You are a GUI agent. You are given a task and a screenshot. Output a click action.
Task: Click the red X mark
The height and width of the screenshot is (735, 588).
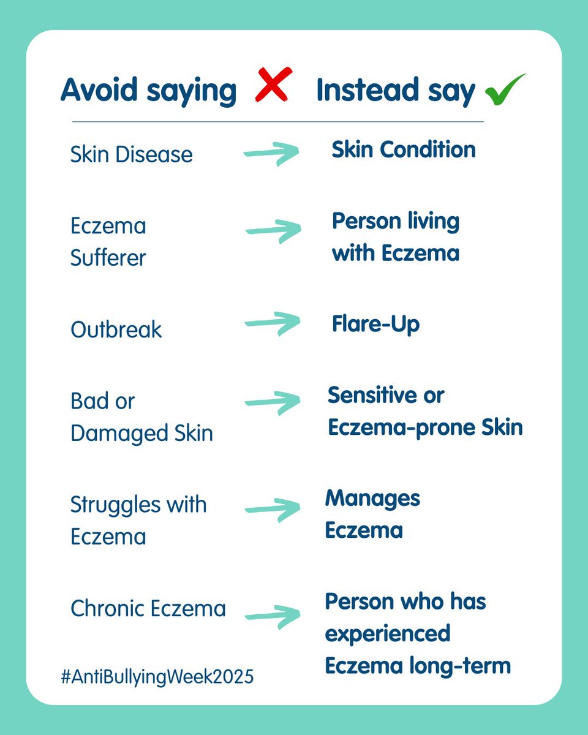tap(273, 85)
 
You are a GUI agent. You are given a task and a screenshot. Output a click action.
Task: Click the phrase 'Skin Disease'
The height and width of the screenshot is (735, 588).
tap(131, 154)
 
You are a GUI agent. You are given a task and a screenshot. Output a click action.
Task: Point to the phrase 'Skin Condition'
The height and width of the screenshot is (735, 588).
tap(404, 149)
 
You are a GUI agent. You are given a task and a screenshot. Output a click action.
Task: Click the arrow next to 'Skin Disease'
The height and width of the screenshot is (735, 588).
tap(271, 154)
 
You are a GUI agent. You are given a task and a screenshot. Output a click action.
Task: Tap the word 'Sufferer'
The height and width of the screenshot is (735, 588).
tap(108, 258)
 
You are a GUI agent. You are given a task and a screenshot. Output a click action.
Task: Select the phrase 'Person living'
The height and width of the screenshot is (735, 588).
tap(396, 221)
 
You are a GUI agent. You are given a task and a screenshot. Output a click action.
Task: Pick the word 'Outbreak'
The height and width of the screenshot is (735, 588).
tap(116, 330)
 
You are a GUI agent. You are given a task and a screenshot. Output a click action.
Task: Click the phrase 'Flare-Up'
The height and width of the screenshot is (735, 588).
tap(375, 324)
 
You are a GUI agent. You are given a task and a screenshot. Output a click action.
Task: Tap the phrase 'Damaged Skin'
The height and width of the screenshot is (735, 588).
tap(141, 433)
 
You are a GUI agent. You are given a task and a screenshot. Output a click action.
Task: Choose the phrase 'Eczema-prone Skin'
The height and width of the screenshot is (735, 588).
tap(425, 427)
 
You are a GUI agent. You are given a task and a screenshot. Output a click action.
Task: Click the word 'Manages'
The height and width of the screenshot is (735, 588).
tap(372, 498)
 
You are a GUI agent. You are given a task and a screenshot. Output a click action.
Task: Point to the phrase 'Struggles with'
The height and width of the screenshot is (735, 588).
tap(138, 505)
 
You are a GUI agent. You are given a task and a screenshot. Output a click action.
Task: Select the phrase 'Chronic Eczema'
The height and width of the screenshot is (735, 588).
tap(148, 608)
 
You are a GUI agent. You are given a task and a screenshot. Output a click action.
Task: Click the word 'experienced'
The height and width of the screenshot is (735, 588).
tap(388, 633)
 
